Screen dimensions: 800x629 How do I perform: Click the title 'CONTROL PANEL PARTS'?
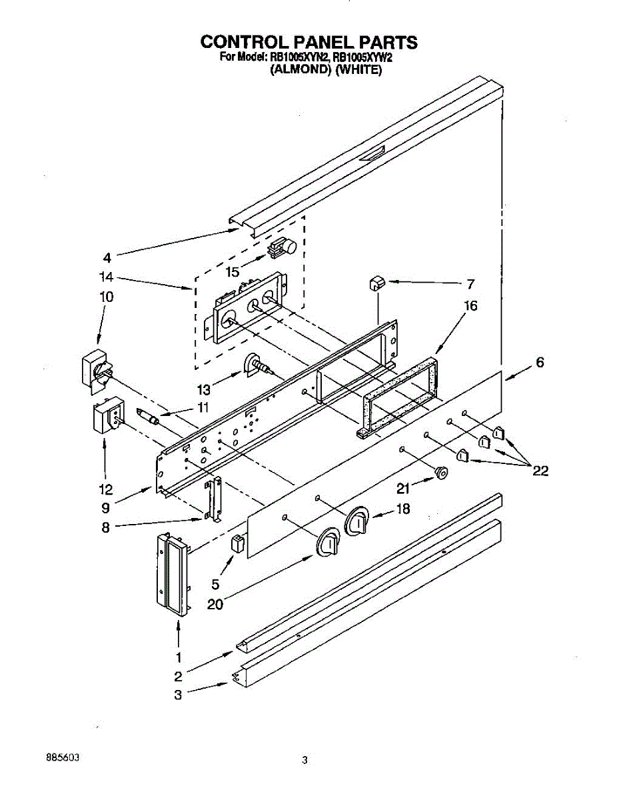[x=309, y=43]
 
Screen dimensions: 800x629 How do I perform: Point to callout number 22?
[x=540, y=471]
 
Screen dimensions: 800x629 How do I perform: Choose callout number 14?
[x=107, y=277]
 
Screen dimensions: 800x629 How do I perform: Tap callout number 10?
[x=107, y=297]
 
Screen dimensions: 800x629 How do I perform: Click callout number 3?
[x=178, y=695]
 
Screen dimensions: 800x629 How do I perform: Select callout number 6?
[x=540, y=362]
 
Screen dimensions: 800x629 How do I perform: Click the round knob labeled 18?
[x=356, y=521]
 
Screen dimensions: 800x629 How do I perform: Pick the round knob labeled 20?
[x=327, y=543]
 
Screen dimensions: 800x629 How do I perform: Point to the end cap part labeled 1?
[x=173, y=575]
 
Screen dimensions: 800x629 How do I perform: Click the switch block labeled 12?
[x=108, y=417]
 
